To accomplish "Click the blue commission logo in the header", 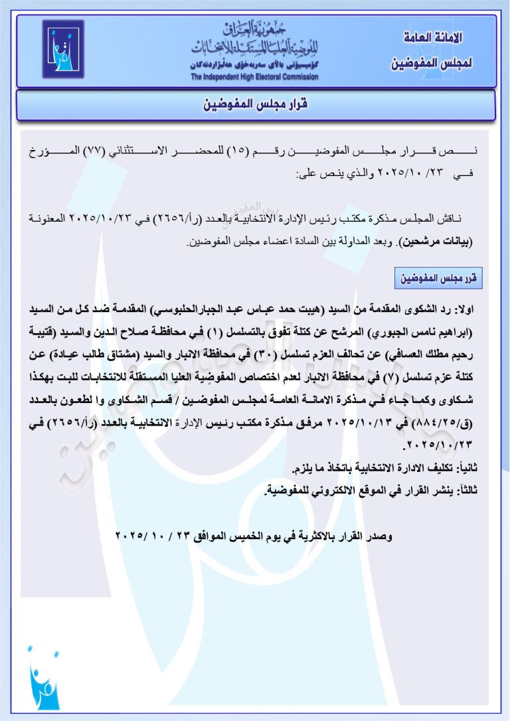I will point(64,49).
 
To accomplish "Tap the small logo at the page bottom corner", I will point(43,681).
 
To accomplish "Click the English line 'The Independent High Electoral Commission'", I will point(254,77).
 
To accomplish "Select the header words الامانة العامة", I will point(432,37).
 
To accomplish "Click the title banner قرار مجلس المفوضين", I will point(255,105).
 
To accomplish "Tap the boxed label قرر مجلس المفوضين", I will point(438,279).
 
